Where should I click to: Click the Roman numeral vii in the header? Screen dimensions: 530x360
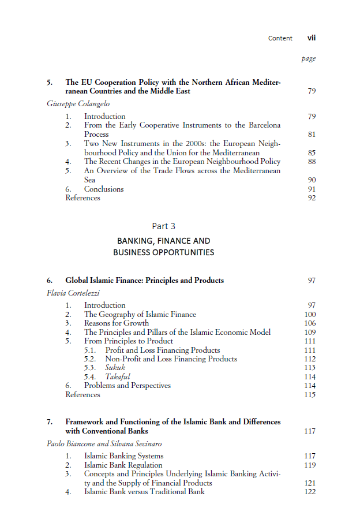[x=312, y=38]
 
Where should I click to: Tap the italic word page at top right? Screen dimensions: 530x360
[x=309, y=59]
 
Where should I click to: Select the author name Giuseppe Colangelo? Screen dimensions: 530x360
[x=78, y=104]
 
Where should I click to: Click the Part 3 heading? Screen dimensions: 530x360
[x=163, y=226]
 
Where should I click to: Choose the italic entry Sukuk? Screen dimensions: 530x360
[x=115, y=368]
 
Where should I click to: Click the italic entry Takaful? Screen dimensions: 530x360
[x=118, y=376]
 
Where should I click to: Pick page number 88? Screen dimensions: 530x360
[x=312, y=162]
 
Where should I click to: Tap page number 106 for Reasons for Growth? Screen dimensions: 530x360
[x=310, y=323]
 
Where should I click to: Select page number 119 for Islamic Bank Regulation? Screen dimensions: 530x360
[x=310, y=465]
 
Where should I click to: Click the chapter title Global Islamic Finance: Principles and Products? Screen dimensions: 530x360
[x=144, y=281]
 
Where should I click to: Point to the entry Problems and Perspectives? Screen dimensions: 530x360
[x=127, y=385]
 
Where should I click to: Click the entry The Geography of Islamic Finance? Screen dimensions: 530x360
[x=140, y=315]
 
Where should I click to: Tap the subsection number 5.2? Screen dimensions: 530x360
[x=90, y=359]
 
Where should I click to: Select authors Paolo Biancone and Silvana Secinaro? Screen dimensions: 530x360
[x=105, y=444]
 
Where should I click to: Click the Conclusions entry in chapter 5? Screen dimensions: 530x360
[x=104, y=189]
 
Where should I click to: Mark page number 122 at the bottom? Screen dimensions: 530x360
[x=310, y=492]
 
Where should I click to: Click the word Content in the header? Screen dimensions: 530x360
[x=280, y=38]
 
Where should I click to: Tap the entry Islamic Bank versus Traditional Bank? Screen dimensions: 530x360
[x=144, y=492]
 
